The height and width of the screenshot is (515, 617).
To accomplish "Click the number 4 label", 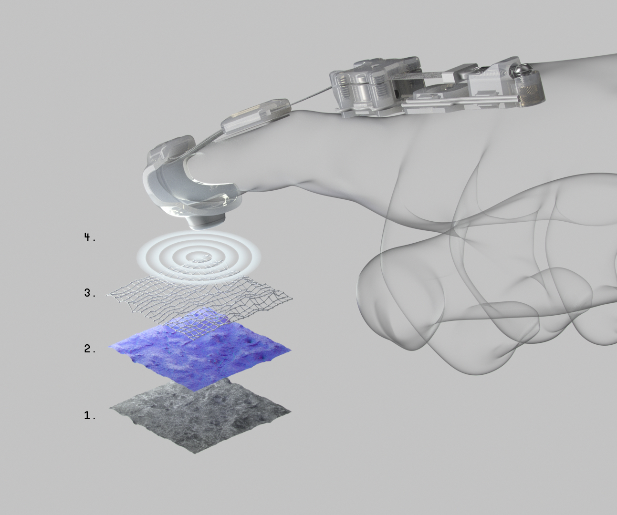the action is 90,237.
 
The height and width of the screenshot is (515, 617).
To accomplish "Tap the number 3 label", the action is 90,293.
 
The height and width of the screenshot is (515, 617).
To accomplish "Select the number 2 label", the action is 90,349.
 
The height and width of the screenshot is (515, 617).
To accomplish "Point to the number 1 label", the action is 90,416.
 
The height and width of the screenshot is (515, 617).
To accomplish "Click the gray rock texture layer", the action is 199,416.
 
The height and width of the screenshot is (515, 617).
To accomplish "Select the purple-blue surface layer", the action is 199,349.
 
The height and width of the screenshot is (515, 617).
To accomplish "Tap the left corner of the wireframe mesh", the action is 107,295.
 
